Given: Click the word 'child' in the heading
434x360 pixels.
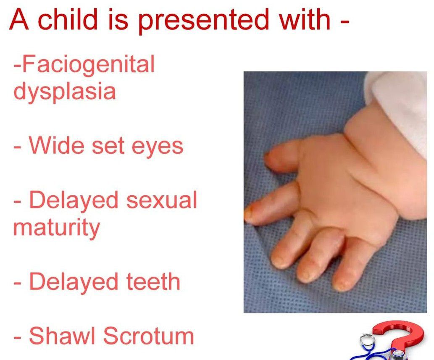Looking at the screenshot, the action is point(68,19).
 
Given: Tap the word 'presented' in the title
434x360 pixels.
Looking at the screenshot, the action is point(203,21).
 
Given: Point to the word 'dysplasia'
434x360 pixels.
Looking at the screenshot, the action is point(65,92).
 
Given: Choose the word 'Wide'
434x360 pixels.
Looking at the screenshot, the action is point(56,145).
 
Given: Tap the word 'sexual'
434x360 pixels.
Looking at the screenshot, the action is point(162,200).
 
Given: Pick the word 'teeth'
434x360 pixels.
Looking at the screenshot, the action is point(153,281).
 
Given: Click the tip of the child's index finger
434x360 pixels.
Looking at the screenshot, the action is point(248,215).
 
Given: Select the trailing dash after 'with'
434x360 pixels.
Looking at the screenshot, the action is point(344,21).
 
